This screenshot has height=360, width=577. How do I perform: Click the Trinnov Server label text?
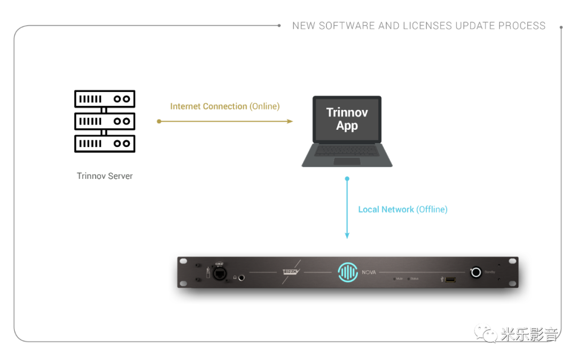pyautogui.click(x=104, y=176)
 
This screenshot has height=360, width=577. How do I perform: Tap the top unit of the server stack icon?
pyautogui.click(x=104, y=99)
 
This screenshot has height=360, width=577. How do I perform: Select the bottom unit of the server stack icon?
pyautogui.click(x=104, y=143)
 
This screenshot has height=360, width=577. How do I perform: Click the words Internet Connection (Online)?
pyautogui.click(x=224, y=106)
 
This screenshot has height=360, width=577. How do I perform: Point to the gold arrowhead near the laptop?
pyautogui.click(x=290, y=121)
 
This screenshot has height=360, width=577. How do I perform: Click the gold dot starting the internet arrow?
pyautogui.click(x=159, y=121)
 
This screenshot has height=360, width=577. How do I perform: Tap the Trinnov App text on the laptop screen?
pyautogui.click(x=347, y=119)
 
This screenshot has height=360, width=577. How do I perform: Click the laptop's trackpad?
pyautogui.click(x=347, y=161)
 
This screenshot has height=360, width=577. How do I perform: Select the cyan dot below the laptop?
pyautogui.click(x=347, y=178)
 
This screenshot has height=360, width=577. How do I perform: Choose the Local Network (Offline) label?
pyautogui.click(x=402, y=210)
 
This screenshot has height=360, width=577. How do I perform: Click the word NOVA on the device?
pyautogui.click(x=369, y=272)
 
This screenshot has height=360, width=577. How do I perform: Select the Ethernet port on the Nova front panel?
pyautogui.click(x=220, y=273)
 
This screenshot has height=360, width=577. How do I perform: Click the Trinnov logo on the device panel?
pyautogui.click(x=292, y=272)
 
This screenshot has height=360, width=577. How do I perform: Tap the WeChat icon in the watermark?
pyautogui.click(x=485, y=334)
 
